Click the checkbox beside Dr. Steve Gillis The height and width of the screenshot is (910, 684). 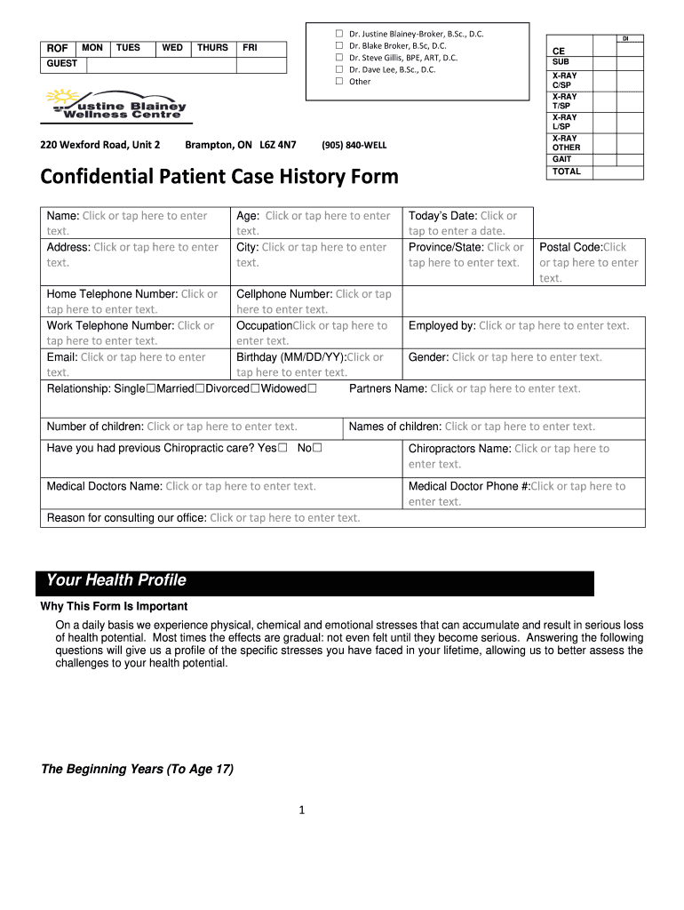click(x=338, y=58)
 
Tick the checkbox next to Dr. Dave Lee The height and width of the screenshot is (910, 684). click(x=338, y=69)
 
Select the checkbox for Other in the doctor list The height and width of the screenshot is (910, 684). click(x=338, y=82)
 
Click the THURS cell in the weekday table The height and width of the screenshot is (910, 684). click(x=212, y=48)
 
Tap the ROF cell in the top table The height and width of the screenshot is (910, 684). click(x=58, y=48)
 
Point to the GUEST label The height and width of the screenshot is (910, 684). click(x=62, y=64)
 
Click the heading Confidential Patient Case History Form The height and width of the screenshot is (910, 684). click(x=219, y=177)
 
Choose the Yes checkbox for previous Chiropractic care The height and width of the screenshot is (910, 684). click(x=282, y=449)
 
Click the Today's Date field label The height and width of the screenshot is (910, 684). click(x=442, y=216)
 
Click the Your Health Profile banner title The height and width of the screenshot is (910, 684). click(x=116, y=581)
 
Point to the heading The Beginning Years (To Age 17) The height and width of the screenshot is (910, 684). click(x=138, y=770)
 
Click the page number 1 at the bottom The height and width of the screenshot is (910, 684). click(x=302, y=810)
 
